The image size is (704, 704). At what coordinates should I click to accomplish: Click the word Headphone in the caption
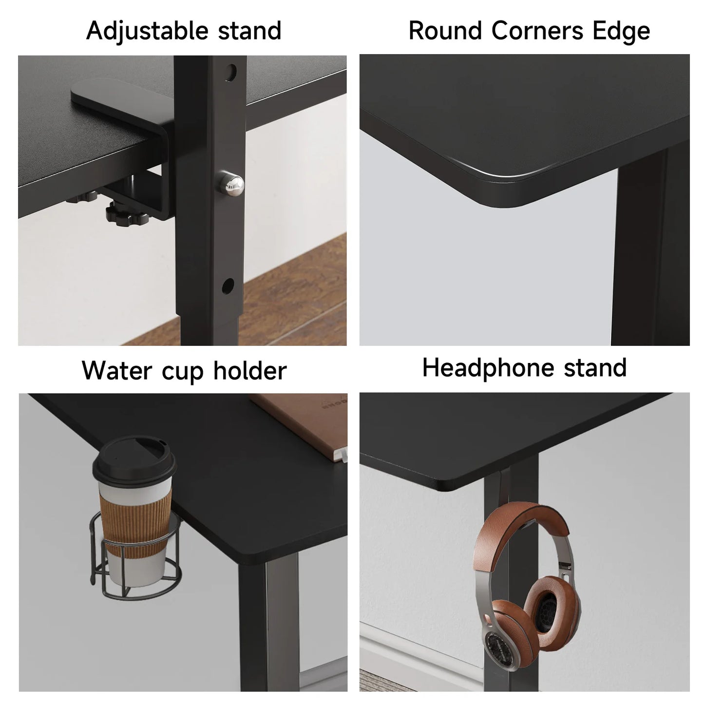click(488, 368)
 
